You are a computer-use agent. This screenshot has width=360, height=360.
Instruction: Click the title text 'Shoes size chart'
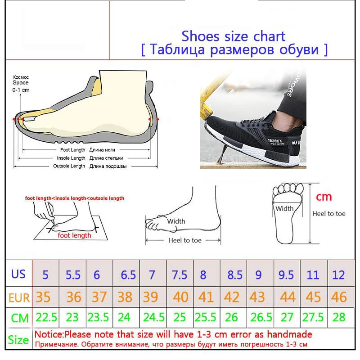(233, 36)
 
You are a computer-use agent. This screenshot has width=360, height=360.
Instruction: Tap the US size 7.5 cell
(180, 274)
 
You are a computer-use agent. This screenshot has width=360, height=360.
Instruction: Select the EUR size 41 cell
(206, 297)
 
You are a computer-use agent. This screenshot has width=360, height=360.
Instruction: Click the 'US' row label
(18, 274)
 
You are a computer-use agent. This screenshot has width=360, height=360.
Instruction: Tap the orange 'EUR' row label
(18, 297)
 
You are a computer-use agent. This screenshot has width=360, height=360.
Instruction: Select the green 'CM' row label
(20, 318)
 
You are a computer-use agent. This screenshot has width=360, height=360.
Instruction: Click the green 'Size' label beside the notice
(18, 340)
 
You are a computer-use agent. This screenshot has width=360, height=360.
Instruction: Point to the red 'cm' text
(324, 197)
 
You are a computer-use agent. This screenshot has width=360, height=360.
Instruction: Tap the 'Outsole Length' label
(70, 166)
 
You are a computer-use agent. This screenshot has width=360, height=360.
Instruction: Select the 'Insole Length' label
(71, 158)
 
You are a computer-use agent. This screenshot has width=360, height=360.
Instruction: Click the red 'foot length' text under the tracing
(74, 235)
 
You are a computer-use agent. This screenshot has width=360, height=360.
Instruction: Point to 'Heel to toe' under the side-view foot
(184, 240)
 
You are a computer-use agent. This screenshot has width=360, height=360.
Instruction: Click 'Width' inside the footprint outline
(284, 208)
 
